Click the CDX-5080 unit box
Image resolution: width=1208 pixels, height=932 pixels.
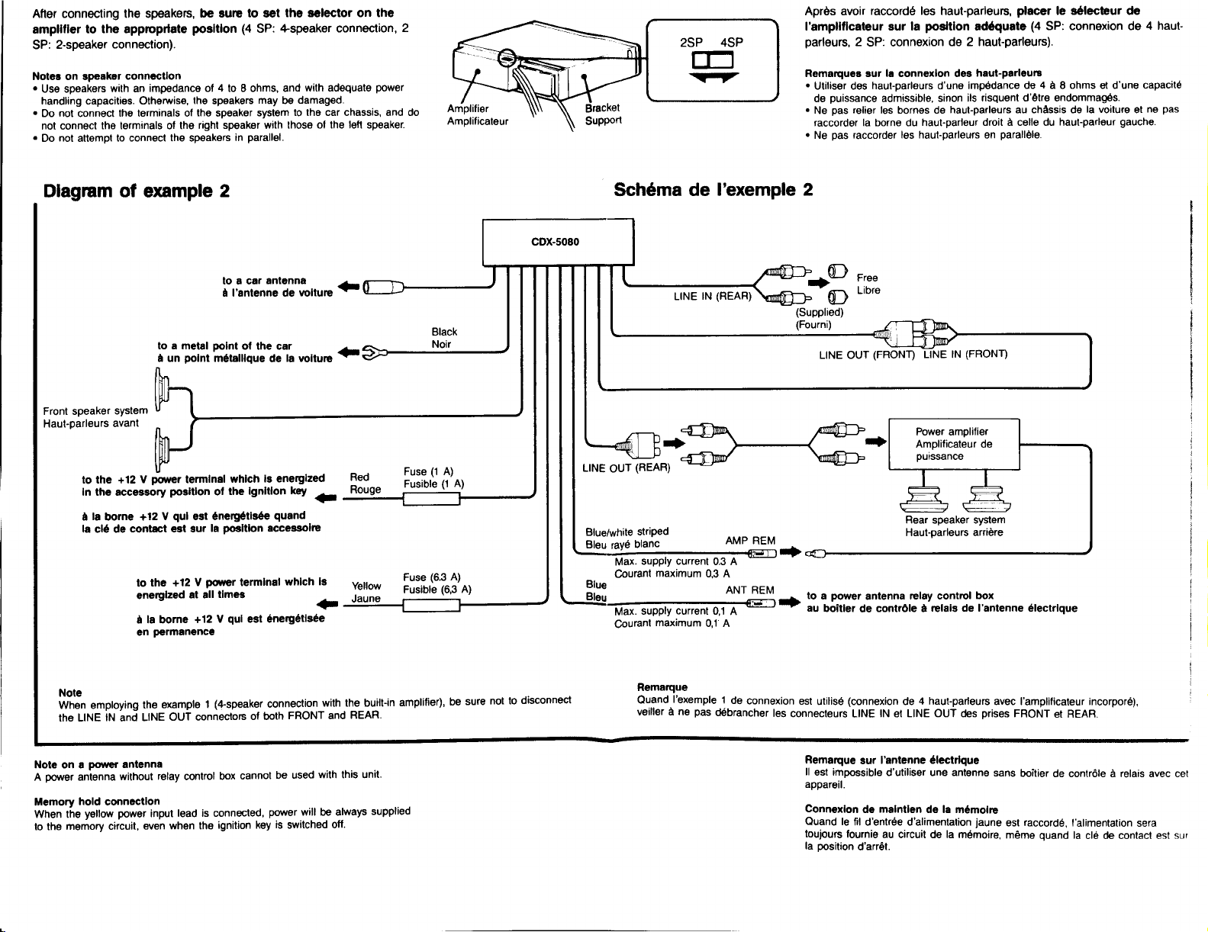tap(558, 243)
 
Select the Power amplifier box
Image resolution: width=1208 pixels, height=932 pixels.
tap(954, 445)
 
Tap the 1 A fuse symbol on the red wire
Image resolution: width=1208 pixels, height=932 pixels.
tap(431, 499)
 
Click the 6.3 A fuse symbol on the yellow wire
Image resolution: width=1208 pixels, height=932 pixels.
tap(431, 605)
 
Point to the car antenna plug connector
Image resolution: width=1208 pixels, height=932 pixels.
tap(383, 288)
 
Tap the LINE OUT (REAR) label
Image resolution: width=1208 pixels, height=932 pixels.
tap(626, 468)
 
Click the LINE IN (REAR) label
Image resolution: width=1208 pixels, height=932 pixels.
tap(712, 296)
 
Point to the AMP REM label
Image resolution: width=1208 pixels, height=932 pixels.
tap(750, 541)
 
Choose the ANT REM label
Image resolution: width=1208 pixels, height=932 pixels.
tap(749, 590)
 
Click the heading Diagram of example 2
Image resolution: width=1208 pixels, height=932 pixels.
tap(136, 191)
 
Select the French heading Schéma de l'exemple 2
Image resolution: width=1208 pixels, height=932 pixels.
tap(714, 190)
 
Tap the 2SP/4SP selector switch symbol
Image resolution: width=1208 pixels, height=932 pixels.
tap(713, 60)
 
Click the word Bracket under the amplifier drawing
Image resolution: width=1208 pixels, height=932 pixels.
tap(602, 108)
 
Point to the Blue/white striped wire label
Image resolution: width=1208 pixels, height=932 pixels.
tap(627, 532)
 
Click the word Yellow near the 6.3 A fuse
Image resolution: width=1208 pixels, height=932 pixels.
tap(366, 586)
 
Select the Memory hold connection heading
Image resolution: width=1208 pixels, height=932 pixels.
tap(97, 802)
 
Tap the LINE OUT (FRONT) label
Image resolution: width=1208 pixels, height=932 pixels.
tap(866, 355)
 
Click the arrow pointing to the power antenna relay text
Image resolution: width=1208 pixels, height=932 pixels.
tap(789, 602)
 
